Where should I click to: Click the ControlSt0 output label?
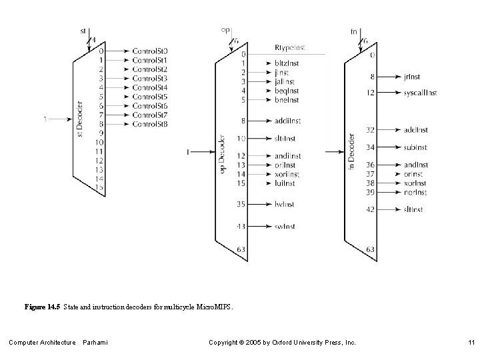[x=150, y=51]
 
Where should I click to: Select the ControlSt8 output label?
[x=150, y=125]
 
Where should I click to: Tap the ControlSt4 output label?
[x=150, y=87]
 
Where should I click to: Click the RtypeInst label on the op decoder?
[x=290, y=49]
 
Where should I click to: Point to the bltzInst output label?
[x=287, y=63]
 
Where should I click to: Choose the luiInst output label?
[x=285, y=183]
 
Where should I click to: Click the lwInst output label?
[x=285, y=205]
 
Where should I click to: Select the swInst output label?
[x=285, y=227]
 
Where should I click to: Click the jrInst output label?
[x=412, y=77]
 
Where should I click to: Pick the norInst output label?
[x=415, y=192]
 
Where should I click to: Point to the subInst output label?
[x=415, y=147]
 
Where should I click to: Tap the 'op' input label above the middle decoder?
[x=225, y=30]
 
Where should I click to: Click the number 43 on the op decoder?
[x=243, y=227]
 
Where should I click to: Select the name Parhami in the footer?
[x=95, y=343]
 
